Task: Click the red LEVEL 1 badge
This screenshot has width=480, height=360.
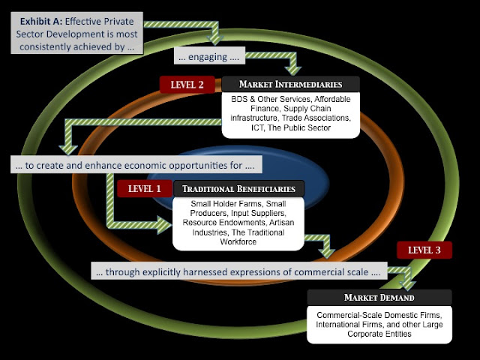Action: pyautogui.click(x=145, y=188)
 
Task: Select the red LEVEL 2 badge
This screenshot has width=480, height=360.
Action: pyautogui.click(x=187, y=84)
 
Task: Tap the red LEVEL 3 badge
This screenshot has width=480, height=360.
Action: pyautogui.click(x=424, y=250)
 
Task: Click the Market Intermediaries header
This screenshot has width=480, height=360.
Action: pyautogui.click(x=290, y=84)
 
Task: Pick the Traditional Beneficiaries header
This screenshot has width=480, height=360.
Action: pyautogui.click(x=238, y=188)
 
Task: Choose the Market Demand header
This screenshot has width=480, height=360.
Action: pyautogui.click(x=379, y=297)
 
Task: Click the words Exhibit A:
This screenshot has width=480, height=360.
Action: pyautogui.click(x=41, y=22)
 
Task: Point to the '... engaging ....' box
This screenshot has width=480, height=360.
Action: pyautogui.click(x=209, y=55)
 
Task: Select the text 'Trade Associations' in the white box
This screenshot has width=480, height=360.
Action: pyautogui.click(x=316, y=118)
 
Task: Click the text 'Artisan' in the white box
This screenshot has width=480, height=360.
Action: pyautogui.click(x=282, y=223)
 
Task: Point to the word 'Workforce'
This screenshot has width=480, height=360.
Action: pyautogui.click(x=238, y=241)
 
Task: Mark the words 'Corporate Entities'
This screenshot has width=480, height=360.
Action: pyautogui.click(x=379, y=334)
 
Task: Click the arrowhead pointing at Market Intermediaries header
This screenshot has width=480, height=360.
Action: pyautogui.click(x=293, y=70)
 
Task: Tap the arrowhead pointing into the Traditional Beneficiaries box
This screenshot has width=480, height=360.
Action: pyautogui.click(x=164, y=225)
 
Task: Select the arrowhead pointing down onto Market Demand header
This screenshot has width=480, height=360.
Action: pyautogui.click(x=407, y=285)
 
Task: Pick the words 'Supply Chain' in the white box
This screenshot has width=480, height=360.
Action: pyautogui.click(x=307, y=109)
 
